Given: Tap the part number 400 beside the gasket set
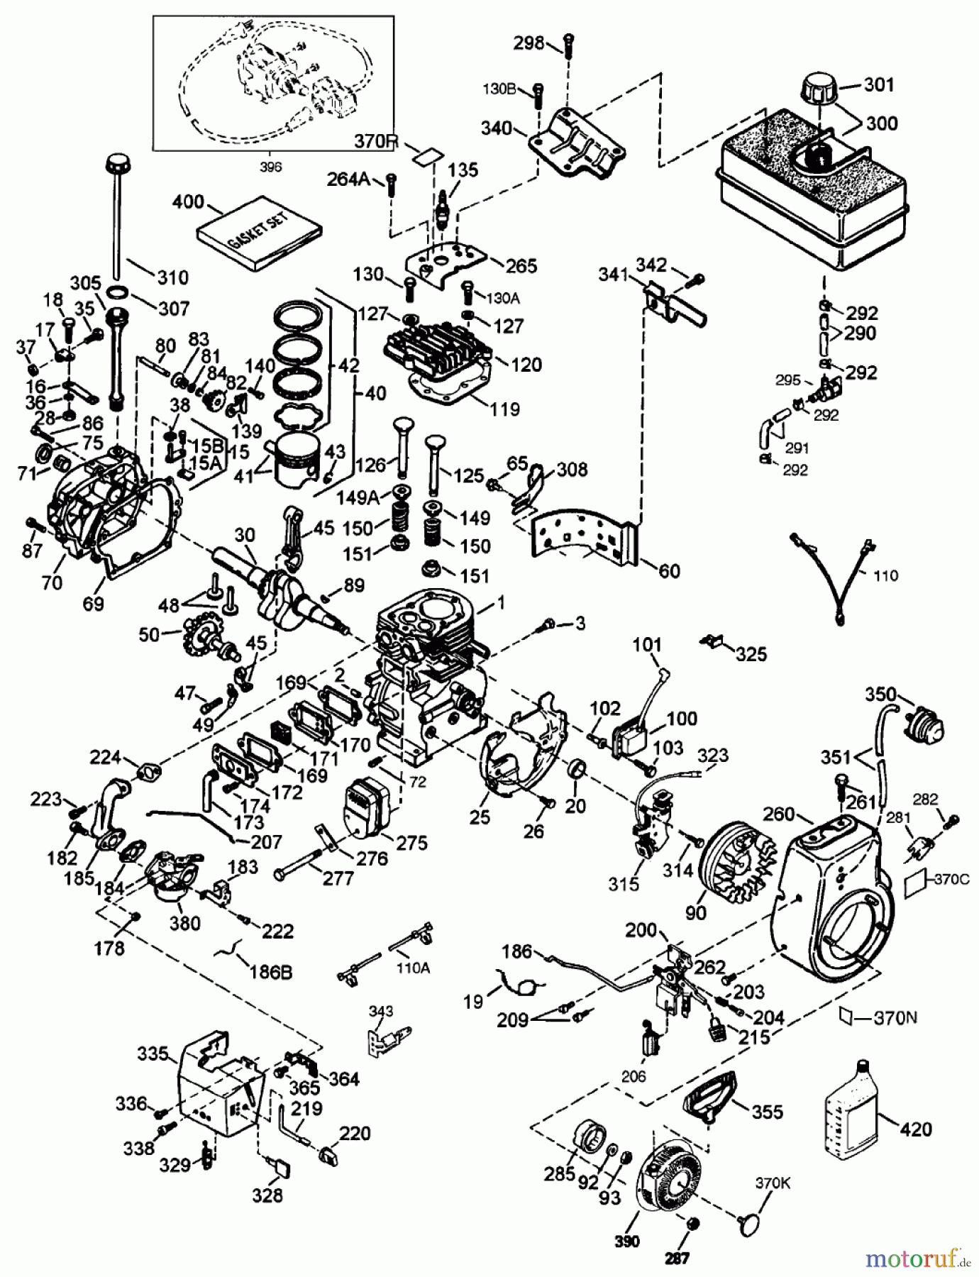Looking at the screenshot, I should [188, 202].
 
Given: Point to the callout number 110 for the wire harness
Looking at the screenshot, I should [885, 575].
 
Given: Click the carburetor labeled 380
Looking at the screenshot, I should [170, 878].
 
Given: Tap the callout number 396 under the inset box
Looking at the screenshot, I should [270, 167].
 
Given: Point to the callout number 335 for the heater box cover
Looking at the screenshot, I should [153, 1054].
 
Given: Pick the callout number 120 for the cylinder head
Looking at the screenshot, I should [526, 365].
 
